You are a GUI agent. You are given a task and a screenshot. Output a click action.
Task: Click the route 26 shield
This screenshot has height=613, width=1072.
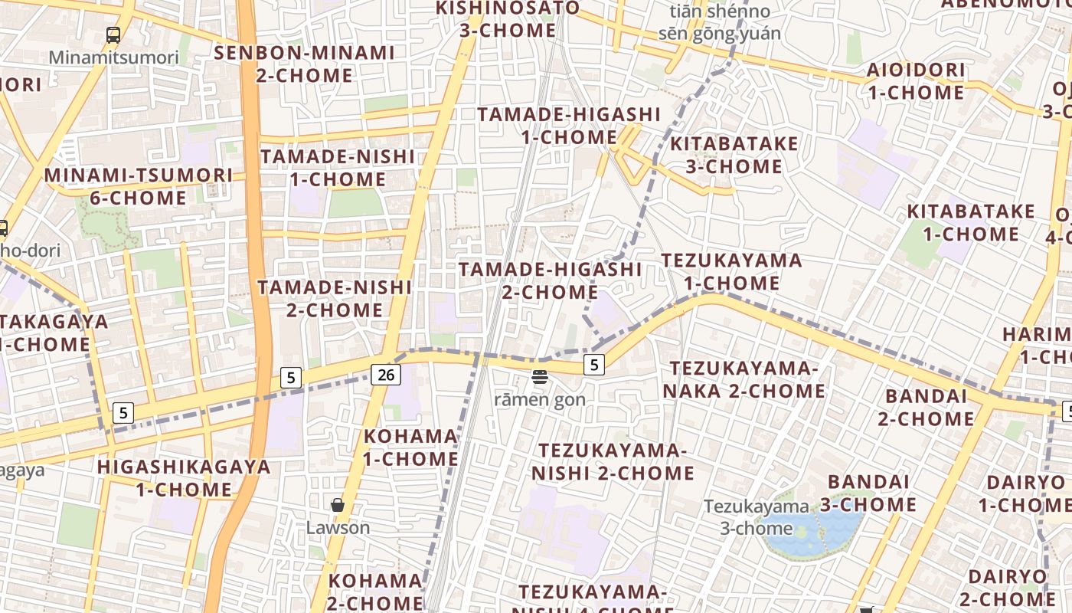point(387,375)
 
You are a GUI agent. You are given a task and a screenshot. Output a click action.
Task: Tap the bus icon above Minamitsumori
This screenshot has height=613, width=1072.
point(113,34)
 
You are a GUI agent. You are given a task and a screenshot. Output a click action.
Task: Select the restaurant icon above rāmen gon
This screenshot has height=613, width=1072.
point(540,376)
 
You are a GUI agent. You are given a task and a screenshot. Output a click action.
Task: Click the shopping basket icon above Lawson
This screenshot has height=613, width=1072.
point(337,505)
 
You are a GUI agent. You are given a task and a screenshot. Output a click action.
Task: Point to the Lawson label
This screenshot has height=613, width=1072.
point(338,528)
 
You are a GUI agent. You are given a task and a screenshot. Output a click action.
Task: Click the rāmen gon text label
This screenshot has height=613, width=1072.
point(540,399)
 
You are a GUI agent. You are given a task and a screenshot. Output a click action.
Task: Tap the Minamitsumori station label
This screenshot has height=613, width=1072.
point(113,57)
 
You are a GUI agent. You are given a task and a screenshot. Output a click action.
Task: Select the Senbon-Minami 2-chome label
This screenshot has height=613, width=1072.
point(305,64)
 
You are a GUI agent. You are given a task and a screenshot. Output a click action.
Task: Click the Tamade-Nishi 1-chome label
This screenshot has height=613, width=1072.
point(338,168)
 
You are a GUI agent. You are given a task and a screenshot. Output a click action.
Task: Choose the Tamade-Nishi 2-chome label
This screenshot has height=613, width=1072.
point(335,299)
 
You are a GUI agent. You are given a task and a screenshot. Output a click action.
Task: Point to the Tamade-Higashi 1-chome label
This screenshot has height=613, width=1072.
point(569,126)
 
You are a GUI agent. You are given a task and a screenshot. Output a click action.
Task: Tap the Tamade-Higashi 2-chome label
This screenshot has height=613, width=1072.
point(550,280)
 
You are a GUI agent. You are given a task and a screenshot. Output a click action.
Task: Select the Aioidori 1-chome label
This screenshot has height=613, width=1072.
point(916,81)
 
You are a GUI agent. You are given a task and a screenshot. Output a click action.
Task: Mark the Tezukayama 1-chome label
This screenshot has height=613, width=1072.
point(732,271)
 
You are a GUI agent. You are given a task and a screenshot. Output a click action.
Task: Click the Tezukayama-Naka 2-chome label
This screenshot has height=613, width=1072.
point(744,380)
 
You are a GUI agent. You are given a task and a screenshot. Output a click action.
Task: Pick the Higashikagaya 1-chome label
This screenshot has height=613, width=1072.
point(184,478)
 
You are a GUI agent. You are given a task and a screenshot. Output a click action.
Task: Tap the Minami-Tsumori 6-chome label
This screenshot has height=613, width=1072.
point(138,186)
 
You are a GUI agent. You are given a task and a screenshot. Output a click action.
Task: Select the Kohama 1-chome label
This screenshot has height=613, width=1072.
point(410,447)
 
